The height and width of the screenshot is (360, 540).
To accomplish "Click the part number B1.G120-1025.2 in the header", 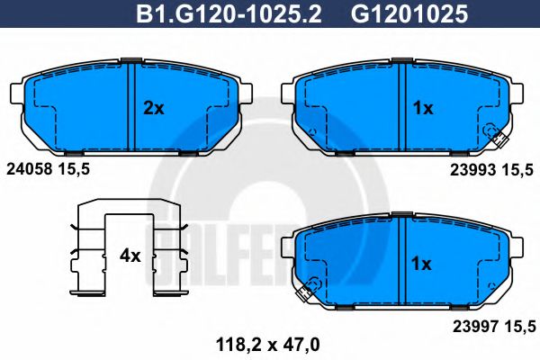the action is point(229,14).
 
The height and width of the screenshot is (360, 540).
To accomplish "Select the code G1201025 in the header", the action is point(409,14).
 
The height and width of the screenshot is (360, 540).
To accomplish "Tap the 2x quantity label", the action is point(154,109).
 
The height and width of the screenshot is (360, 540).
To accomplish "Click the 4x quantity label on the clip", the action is point(130,256).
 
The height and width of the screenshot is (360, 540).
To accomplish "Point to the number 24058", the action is point(30,169).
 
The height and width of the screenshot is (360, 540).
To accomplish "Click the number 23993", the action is point(473,170).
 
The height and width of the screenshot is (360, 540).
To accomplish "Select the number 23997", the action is point(475,327).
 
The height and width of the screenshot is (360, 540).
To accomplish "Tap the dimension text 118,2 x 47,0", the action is point(268,345).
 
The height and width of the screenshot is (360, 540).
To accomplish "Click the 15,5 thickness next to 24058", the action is point(74,169).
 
